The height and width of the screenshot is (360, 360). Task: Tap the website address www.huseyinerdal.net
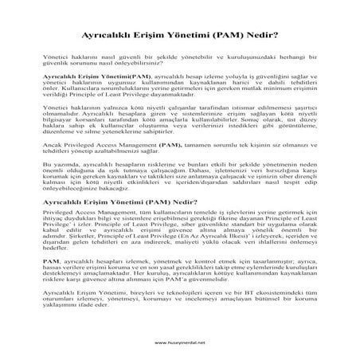click(x=179, y=343)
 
